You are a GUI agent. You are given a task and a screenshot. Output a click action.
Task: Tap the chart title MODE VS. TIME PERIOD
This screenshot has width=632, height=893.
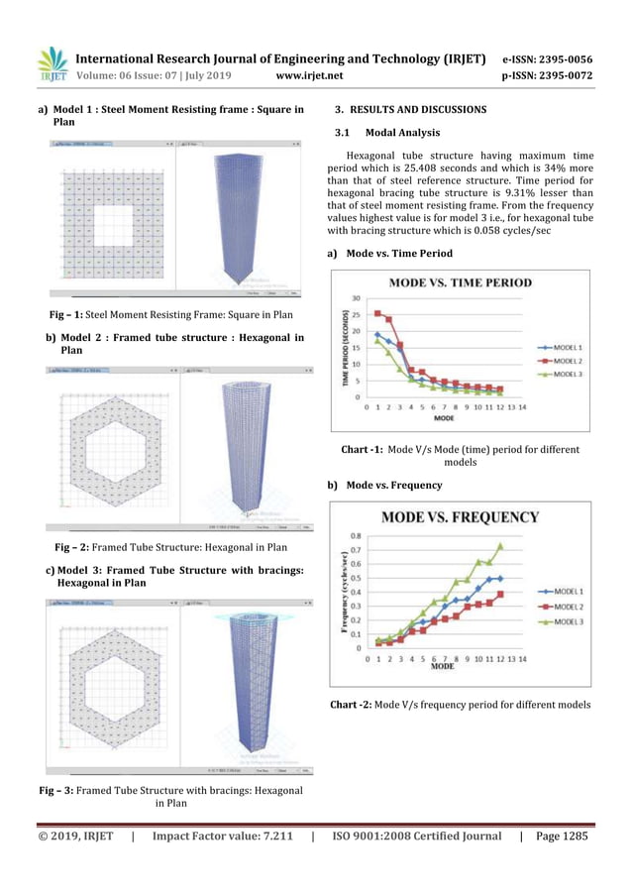[460, 282]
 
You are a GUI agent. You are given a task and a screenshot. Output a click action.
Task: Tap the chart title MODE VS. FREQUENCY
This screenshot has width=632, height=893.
[461, 516]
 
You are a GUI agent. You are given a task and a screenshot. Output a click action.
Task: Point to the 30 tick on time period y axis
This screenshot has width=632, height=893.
[356, 297]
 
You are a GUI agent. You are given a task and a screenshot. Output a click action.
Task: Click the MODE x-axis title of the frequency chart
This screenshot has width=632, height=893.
[445, 667]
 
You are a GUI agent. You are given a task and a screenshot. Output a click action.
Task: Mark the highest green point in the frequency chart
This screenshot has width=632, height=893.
[500, 545]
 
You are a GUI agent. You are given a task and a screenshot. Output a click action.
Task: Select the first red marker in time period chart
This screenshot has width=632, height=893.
[377, 313]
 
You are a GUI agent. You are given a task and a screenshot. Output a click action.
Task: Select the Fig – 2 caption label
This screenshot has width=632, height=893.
[72, 546]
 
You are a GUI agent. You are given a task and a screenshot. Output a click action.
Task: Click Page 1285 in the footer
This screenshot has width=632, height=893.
[561, 837]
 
